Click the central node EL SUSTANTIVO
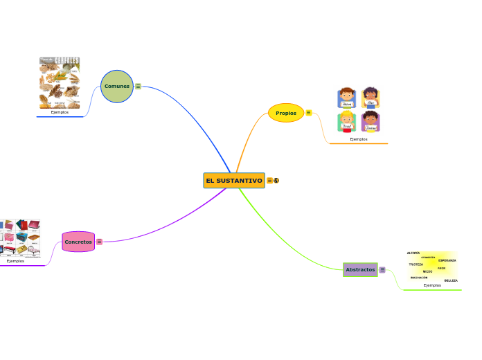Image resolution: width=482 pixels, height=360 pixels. click(x=234, y=181)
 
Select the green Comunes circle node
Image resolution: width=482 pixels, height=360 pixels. click(x=116, y=87)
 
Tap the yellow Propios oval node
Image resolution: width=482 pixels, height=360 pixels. click(x=286, y=113)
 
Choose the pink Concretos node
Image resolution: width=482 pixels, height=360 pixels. click(x=78, y=242)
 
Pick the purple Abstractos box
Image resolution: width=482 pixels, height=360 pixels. click(x=360, y=269)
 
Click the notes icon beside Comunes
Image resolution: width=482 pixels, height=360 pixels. click(x=139, y=87)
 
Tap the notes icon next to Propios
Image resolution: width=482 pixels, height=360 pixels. click(x=308, y=113)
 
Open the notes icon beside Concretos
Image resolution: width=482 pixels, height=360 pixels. click(x=100, y=242)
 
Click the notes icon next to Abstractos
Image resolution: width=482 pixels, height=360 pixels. click(x=382, y=270)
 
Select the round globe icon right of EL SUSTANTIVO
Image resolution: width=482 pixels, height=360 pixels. click(x=276, y=181)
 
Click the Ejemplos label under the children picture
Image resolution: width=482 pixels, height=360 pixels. click(x=359, y=139)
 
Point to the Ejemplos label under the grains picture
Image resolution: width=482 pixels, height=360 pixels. click(x=60, y=112)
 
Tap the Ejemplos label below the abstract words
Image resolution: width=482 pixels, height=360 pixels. click(x=432, y=285)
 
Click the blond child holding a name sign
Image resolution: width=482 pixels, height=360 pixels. click(x=347, y=122)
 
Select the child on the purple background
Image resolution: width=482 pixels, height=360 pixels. click(x=371, y=122)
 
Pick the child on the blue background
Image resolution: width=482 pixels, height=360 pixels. click(x=347, y=98)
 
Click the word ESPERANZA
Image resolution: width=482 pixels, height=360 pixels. click(x=447, y=260)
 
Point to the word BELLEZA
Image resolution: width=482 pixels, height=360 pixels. click(x=451, y=280)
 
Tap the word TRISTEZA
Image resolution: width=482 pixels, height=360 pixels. click(x=416, y=264)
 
